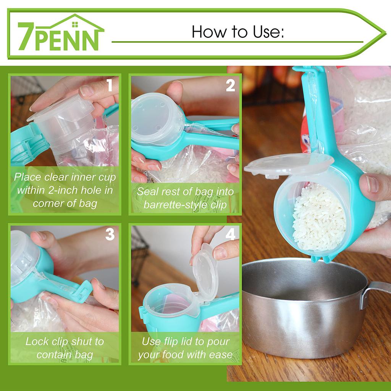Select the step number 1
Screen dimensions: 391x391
[110, 86]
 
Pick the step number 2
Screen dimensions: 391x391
[230, 86]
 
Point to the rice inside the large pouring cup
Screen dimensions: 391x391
[319, 218]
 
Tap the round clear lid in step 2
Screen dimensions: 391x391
[153, 118]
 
